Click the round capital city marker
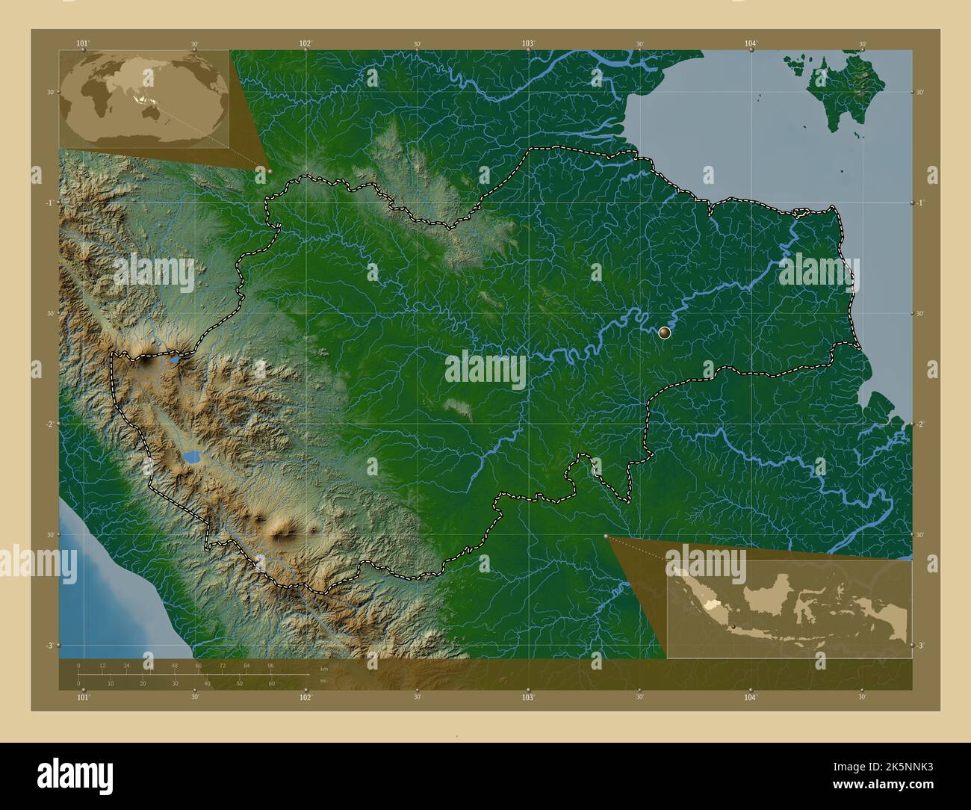[x=665, y=333]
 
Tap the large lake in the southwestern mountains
[x=192, y=457]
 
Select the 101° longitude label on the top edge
[x=83, y=44]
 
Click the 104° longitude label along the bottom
[x=751, y=697]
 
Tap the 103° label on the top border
[x=528, y=44]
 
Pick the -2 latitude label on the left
[x=49, y=424]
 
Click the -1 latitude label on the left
[x=49, y=202]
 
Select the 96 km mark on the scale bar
[x=270, y=665]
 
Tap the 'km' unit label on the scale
[x=323, y=669]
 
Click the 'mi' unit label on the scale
[x=323, y=681]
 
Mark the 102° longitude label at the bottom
[x=305, y=697]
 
